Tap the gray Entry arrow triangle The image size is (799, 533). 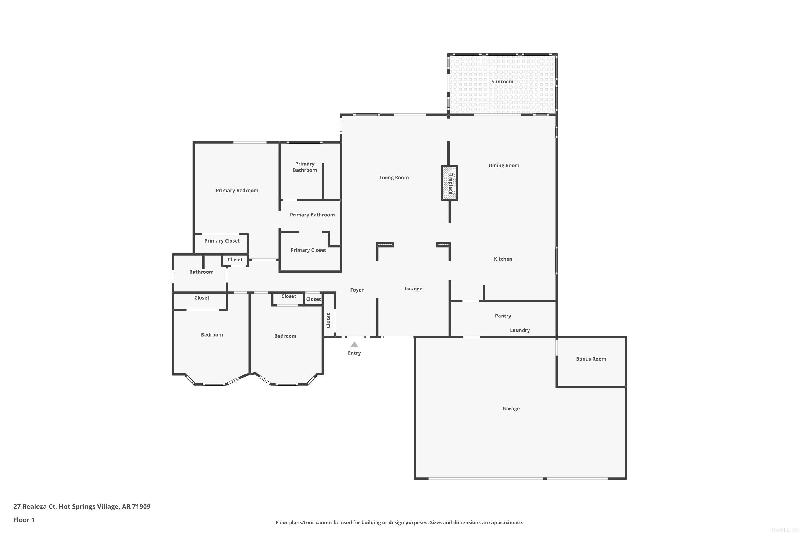click(354, 344)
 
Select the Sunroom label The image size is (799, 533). click(502, 82)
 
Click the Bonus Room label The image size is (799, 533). click(591, 359)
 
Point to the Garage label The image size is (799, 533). click(511, 409)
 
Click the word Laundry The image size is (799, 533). click(519, 330)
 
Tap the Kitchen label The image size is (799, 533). click(503, 259)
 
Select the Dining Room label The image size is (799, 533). click(503, 165)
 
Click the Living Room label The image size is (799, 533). click(394, 177)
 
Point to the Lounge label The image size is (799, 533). click(413, 289)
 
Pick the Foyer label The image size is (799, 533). click(357, 290)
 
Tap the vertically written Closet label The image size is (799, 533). click(328, 321)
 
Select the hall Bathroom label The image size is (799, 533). click(201, 272)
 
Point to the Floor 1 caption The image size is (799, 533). click(24, 520)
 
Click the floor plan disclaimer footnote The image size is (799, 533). click(399, 522)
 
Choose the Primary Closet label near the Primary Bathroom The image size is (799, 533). click(308, 250)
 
